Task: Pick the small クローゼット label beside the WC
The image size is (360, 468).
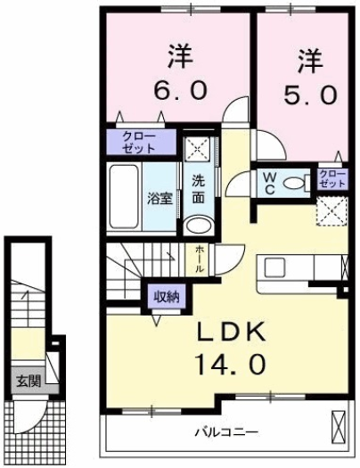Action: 331,177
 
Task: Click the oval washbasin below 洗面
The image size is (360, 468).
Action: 200,224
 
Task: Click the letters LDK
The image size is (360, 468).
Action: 231,332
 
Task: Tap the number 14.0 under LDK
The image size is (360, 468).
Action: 231,363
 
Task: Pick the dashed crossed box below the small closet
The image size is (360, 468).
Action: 331,209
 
